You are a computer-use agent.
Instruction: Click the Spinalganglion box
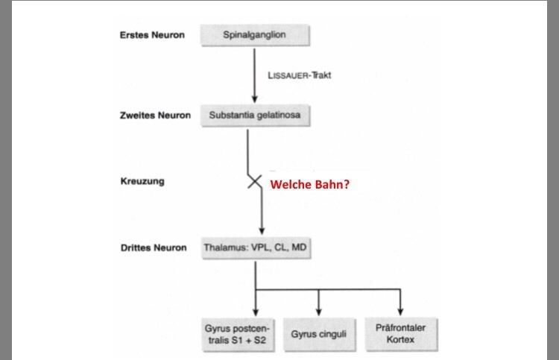pos(254,35)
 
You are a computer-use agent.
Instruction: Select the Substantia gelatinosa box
pos(254,116)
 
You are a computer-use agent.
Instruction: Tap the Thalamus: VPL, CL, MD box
pos(254,247)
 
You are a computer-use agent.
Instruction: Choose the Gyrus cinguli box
pos(318,334)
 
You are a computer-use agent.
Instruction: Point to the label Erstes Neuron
pos(151,35)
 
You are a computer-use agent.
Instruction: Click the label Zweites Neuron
pos(155,116)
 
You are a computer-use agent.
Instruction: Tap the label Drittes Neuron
pos(153,247)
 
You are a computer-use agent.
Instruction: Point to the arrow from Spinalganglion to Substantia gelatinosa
pos(254,75)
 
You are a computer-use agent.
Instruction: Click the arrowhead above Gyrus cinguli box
pos(319,311)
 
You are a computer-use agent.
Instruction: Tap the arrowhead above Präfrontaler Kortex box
pos(402,311)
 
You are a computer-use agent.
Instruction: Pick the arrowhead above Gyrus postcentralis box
pos(255,311)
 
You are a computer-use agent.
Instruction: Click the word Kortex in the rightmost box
pos(401,340)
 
